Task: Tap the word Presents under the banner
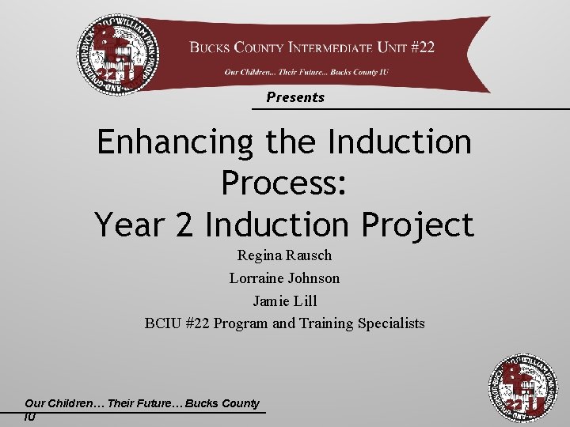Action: (295, 97)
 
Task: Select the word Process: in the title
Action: (284, 183)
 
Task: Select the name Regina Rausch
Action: (284, 255)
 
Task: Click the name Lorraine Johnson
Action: (284, 278)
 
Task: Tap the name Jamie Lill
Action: (284, 300)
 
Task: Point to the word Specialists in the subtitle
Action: (391, 323)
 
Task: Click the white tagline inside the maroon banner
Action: (305, 72)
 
